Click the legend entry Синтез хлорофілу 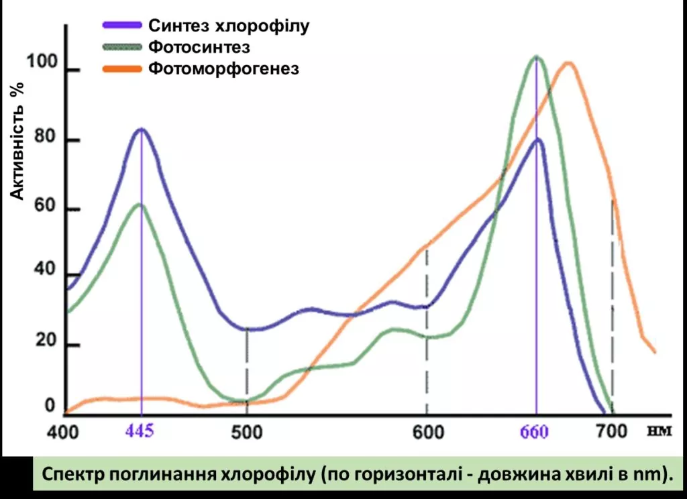(229, 26)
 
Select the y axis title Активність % (18, 141)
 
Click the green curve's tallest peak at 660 (536, 57)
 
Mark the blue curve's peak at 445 (141, 129)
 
